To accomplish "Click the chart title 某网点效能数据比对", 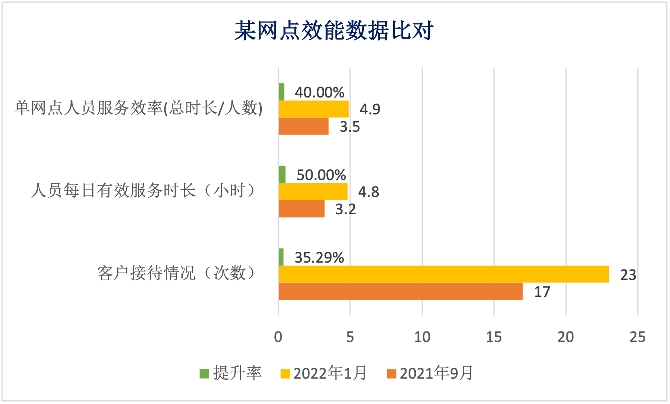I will pos(334,31).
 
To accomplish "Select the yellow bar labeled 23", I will pos(443,274).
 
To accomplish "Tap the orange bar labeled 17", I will pos(400,291).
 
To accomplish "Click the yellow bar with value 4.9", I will pos(313,109).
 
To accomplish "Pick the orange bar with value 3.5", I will pos(303,126).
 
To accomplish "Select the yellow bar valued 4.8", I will pos(313,192).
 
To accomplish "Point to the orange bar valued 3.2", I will pos(301,209).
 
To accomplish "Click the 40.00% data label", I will pos(319,93).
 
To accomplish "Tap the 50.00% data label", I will pos(321,175).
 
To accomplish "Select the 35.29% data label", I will pos(319,258).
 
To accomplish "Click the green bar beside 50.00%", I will pos(282,174).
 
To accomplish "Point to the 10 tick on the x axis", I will pos(422,337).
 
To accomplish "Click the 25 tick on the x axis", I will pos(637,337).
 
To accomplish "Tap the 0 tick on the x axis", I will pos(278,337).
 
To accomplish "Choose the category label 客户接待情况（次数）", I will pos(177,273).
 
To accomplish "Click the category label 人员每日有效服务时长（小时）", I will pos(144,191).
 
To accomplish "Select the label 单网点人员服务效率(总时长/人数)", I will pos(139,108).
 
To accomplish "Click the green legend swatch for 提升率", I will pos(204,374).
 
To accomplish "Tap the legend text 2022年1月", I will pos(330,373).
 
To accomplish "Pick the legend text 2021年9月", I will pos(436,373).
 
